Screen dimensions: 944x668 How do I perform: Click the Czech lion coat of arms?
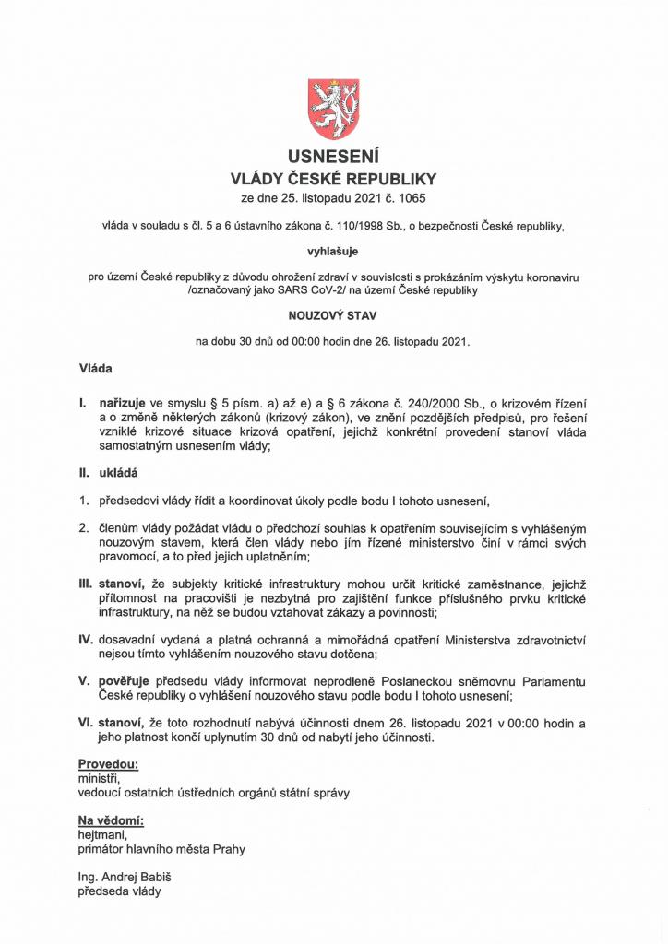click(x=333, y=109)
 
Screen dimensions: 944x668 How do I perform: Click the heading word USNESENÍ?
click(x=333, y=156)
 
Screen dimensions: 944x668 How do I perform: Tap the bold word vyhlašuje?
click(x=333, y=249)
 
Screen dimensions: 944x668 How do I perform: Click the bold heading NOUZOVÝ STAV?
click(x=333, y=314)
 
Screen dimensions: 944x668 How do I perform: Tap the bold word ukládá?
click(x=118, y=474)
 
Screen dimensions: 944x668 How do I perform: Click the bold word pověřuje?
click(x=126, y=681)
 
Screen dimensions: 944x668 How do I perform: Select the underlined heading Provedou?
click(x=108, y=764)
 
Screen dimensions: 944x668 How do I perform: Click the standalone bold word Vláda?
click(x=96, y=369)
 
